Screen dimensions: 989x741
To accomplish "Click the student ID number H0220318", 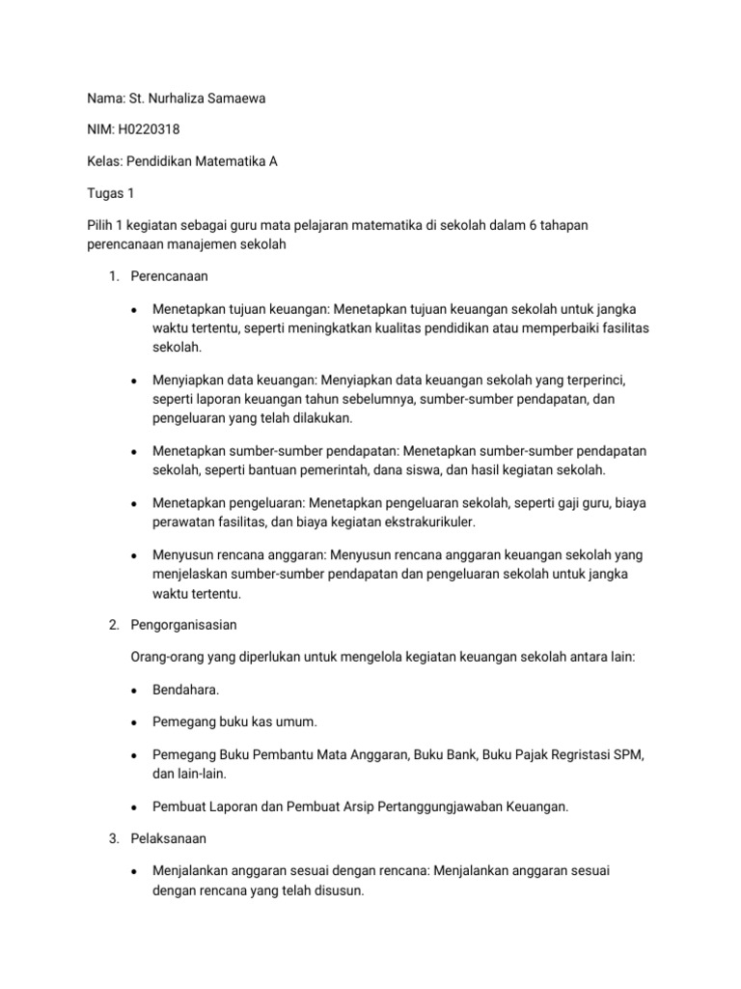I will point(147,128).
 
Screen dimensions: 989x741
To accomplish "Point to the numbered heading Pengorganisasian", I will point(183,625).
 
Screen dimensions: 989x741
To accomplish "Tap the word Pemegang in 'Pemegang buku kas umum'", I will point(183,721).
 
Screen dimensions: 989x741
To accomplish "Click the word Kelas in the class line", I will point(104,161).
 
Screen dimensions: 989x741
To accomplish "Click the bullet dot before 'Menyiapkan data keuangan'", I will point(134,381).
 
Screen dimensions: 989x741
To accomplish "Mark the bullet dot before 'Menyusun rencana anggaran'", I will point(134,556).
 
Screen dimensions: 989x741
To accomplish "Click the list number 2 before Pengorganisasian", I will point(113,625).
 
